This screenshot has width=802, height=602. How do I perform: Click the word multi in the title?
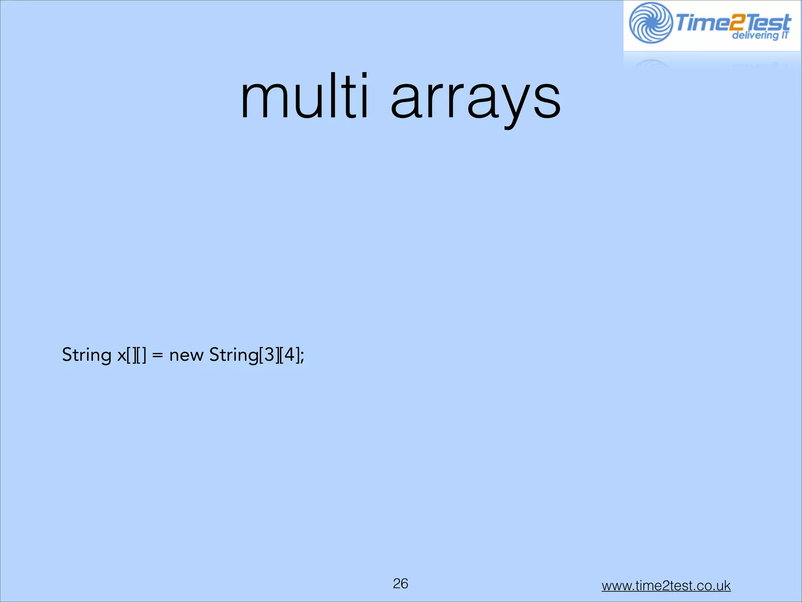click(x=304, y=97)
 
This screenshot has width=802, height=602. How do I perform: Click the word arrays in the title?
click(x=475, y=100)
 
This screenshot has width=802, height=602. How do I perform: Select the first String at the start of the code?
click(x=87, y=355)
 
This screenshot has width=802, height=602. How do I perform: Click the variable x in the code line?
click(x=121, y=356)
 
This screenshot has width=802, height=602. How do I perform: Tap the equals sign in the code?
click(x=157, y=355)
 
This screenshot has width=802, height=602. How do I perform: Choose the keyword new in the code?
click(x=186, y=355)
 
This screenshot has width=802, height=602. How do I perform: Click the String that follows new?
click(x=233, y=355)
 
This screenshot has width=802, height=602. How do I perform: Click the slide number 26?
click(x=401, y=583)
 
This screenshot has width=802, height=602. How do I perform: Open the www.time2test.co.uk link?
click(x=666, y=586)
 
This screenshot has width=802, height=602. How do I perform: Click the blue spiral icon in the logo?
click(x=650, y=23)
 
